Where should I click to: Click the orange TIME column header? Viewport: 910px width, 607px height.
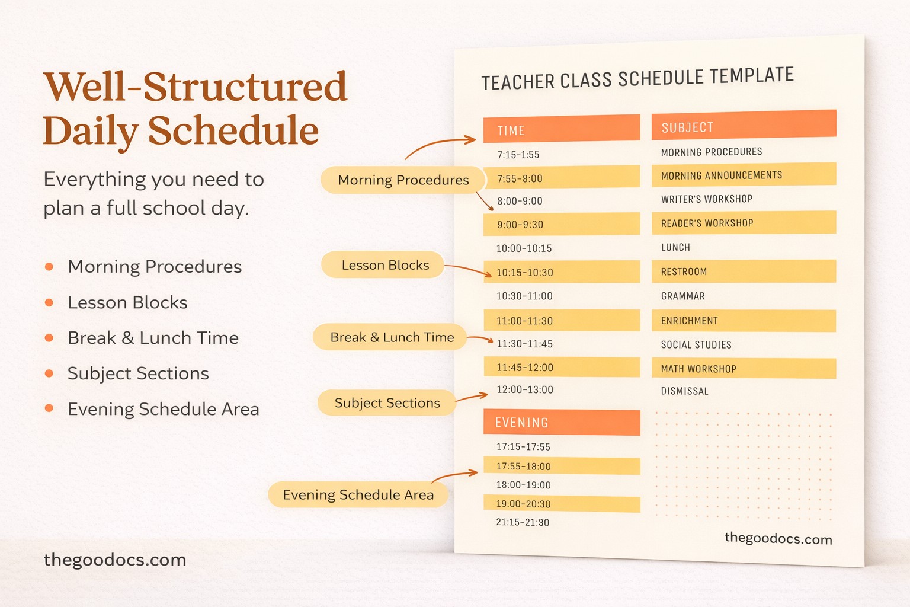click(561, 129)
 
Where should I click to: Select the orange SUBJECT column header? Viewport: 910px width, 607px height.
click(744, 125)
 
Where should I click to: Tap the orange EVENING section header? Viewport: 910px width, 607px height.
click(561, 423)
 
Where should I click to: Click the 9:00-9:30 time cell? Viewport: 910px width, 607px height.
click(561, 225)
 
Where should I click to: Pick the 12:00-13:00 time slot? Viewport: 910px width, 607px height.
click(525, 390)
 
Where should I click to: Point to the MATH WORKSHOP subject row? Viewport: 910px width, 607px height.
click(744, 369)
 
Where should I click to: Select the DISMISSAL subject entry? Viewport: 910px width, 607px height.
click(685, 391)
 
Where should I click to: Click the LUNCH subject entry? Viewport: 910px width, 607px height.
click(675, 247)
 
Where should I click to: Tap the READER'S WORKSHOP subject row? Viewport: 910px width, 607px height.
click(744, 223)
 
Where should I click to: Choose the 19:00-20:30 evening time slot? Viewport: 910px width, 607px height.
click(561, 504)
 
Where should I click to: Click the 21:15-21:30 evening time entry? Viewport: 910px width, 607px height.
click(523, 523)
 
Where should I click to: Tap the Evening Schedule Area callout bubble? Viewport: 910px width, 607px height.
click(358, 494)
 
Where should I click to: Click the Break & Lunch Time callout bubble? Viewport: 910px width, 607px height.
click(391, 337)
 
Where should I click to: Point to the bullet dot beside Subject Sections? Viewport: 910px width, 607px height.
click(49, 374)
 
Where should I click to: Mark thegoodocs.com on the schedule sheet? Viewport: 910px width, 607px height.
click(778, 539)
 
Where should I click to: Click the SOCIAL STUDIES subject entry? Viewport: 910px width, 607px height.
click(696, 344)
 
